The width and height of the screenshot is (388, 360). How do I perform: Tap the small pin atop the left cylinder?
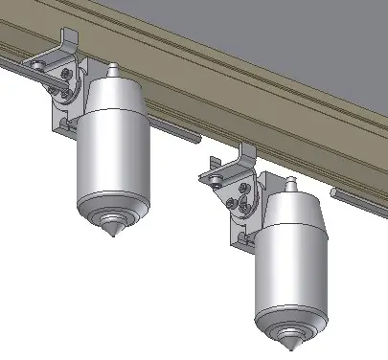click(113, 71)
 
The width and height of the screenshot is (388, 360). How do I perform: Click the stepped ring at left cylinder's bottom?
click(113, 204)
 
